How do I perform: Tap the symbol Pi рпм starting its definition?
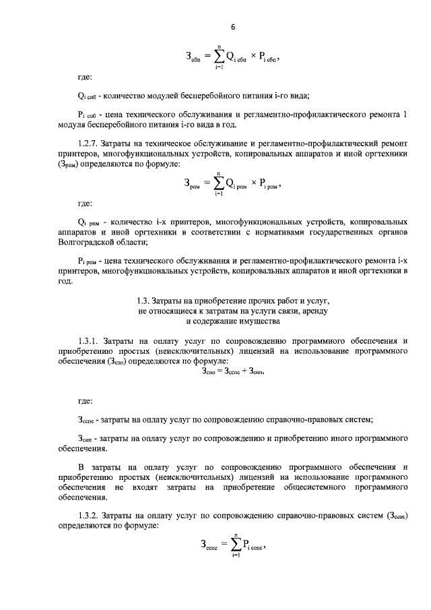[90, 260]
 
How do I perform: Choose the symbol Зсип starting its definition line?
[87, 438]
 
